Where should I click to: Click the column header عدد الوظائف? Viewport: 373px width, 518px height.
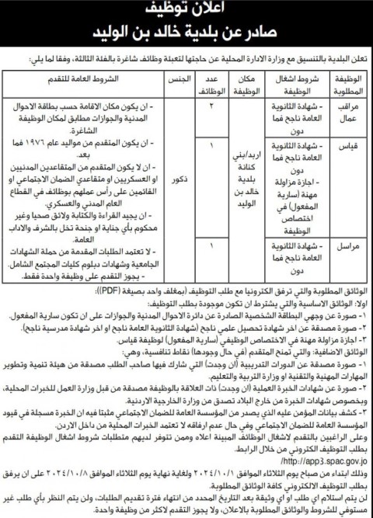(x=212, y=84)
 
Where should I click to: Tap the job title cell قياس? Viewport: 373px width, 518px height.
(x=352, y=144)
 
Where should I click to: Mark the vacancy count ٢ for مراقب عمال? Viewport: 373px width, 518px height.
(x=211, y=104)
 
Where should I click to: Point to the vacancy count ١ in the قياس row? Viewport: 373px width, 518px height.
(x=211, y=144)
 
